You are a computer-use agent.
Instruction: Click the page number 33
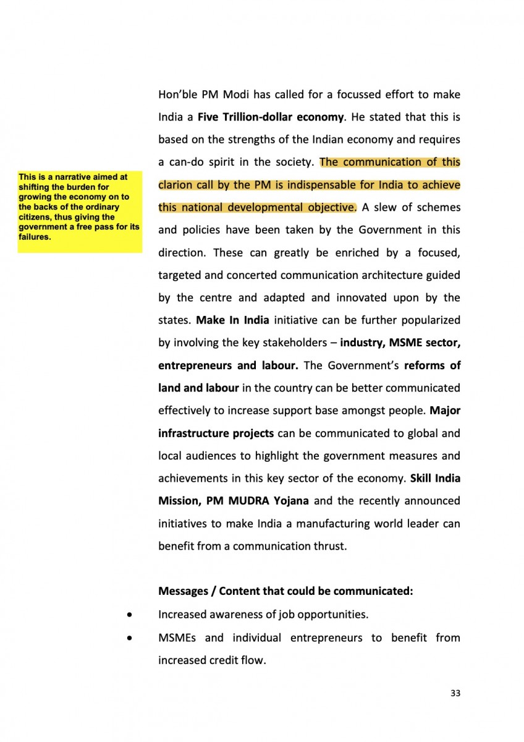pyautogui.click(x=455, y=693)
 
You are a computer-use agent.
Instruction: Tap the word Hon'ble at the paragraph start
pyautogui.click(x=175, y=95)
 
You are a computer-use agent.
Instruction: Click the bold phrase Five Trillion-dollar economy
pyautogui.click(x=270, y=117)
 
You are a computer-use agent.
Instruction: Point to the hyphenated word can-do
pyautogui.click(x=188, y=163)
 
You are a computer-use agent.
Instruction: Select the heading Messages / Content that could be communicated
pyautogui.click(x=285, y=591)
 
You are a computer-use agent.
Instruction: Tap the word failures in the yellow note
pyautogui.click(x=35, y=236)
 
